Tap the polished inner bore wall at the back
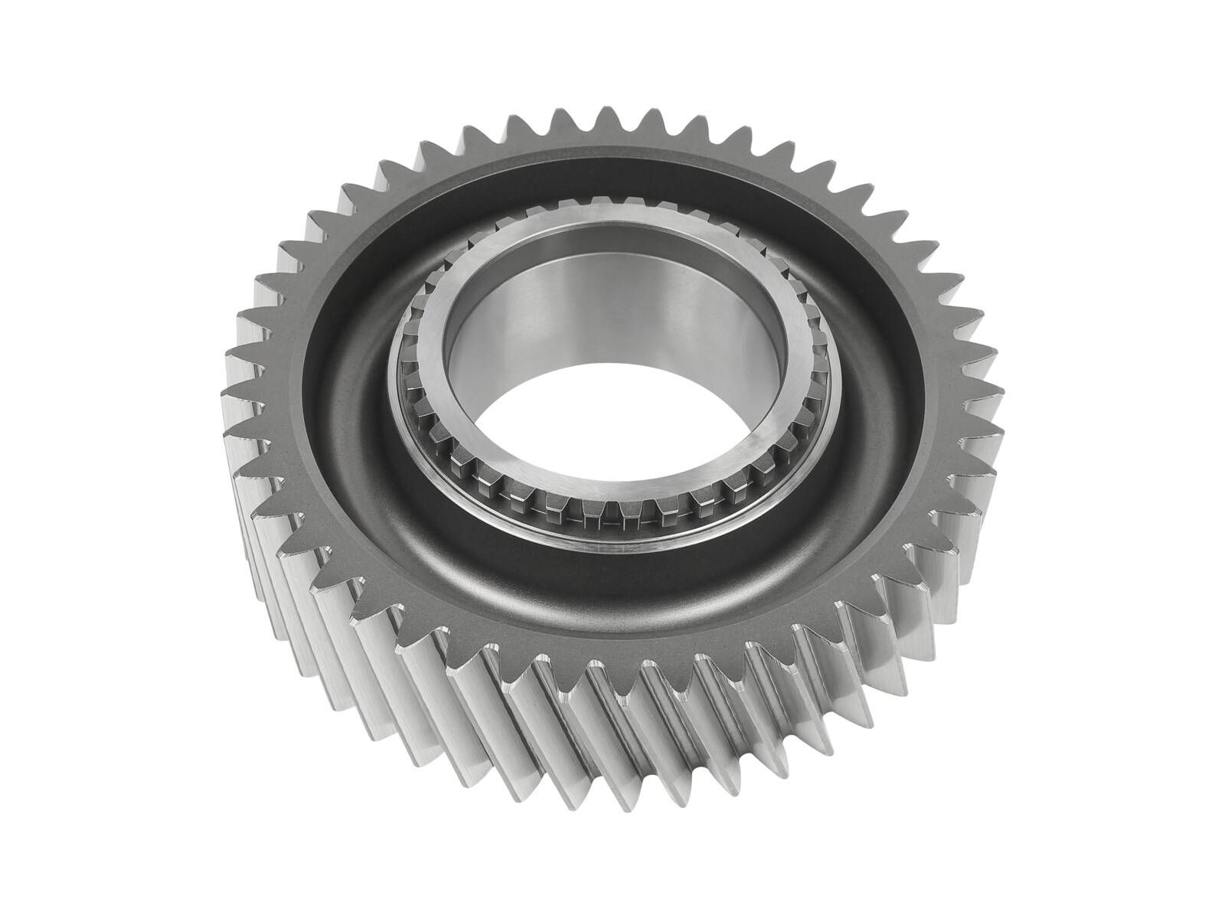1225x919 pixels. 605,306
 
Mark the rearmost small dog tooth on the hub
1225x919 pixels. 612,211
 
